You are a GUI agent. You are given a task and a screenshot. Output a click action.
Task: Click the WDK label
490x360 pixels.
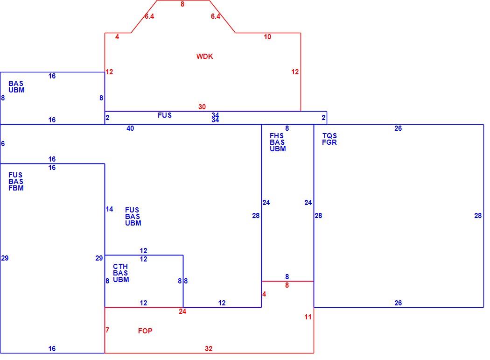pyautogui.click(x=205, y=56)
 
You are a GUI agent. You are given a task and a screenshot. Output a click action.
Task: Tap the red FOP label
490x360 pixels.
pyautogui.click(x=145, y=331)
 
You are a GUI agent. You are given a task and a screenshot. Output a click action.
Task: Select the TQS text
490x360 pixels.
pyautogui.click(x=329, y=136)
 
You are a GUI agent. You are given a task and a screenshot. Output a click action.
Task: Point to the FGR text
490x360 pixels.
pyautogui.click(x=329, y=142)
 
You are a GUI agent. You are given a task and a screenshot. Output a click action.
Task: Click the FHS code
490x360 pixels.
pyautogui.click(x=277, y=136)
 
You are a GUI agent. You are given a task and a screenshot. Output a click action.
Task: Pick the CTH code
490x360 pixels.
pyautogui.click(x=120, y=267)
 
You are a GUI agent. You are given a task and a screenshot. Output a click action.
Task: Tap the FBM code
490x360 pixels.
pyautogui.click(x=16, y=188)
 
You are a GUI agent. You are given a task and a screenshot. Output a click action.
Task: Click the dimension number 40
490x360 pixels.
pyautogui.click(x=130, y=128)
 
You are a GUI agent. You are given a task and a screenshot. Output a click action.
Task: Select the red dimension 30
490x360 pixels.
pyautogui.click(x=202, y=107)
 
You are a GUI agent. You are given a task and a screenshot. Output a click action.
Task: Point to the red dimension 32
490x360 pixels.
pyautogui.click(x=209, y=349)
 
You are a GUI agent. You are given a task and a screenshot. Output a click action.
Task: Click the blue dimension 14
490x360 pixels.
pyautogui.click(x=109, y=209)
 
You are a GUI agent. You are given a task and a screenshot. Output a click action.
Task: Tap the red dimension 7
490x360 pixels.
pyautogui.click(x=107, y=330)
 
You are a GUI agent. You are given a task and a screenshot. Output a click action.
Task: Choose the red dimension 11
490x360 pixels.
pyautogui.click(x=308, y=317)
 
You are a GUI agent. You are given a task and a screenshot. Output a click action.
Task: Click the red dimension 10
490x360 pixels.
pyautogui.click(x=267, y=37)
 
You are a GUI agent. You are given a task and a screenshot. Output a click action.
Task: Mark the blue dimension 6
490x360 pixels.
pyautogui.click(x=3, y=144)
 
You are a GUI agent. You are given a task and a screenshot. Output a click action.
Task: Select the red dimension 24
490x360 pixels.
pyautogui.click(x=182, y=311)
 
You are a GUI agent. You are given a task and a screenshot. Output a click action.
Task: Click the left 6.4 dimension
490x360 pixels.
pyautogui.click(x=149, y=16)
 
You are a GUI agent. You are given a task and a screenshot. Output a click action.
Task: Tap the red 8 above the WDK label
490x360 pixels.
pyautogui.click(x=182, y=4)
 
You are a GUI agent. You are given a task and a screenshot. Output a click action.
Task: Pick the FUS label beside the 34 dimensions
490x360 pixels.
pyautogui.click(x=165, y=115)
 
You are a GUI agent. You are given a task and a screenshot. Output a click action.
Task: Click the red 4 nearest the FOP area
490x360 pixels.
pyautogui.click(x=264, y=294)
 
